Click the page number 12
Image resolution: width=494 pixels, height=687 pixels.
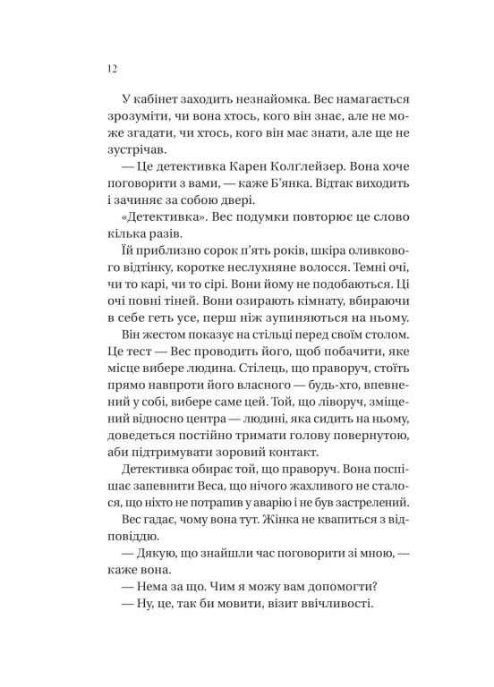[x=110, y=69]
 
